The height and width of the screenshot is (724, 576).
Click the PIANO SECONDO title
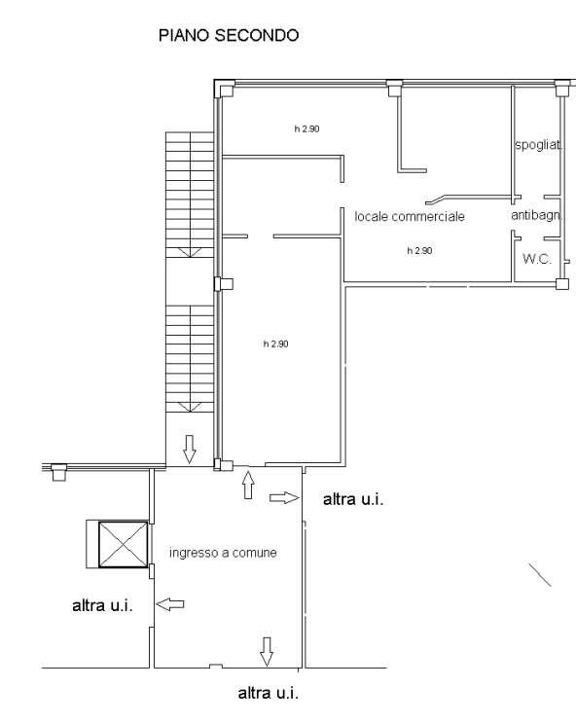coord(229,35)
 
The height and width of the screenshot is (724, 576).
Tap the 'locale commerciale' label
coord(410,216)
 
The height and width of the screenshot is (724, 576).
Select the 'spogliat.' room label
coord(539,145)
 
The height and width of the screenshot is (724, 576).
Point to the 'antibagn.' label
coord(537,215)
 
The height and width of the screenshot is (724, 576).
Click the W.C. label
coord(537,259)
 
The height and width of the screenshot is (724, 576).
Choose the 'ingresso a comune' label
coord(223,553)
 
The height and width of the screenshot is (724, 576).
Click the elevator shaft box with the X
coord(123,545)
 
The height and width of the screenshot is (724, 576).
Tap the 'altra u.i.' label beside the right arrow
coord(353,499)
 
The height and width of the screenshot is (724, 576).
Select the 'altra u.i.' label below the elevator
coord(102,605)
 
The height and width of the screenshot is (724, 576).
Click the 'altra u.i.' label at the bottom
coord(269,693)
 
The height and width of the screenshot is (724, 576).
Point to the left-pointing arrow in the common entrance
coord(170,604)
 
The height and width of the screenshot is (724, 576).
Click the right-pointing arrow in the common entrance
coord(284,497)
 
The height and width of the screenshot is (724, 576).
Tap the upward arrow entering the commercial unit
coord(248,485)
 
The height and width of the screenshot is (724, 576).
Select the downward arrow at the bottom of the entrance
coord(267,652)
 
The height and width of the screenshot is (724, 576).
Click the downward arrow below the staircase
coord(189,449)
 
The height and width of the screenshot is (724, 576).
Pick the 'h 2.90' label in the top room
coord(306,128)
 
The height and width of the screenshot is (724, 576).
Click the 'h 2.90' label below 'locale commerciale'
coord(419,251)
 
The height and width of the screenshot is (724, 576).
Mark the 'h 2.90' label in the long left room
coord(276,344)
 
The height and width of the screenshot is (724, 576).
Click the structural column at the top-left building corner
coord(225,89)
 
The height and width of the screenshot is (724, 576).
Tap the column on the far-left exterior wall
coord(58,472)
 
